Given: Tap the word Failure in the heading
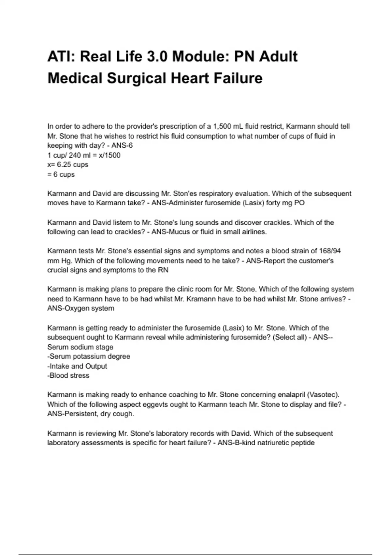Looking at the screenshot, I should [x=238, y=78].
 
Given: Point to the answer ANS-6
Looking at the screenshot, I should [x=122, y=145].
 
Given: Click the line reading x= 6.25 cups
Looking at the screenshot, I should [x=68, y=165].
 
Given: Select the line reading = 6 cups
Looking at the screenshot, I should [x=61, y=174].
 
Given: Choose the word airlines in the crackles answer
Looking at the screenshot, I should [x=253, y=232].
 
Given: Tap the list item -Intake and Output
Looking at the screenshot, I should [x=77, y=366].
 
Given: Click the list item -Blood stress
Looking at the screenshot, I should [x=68, y=375].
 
